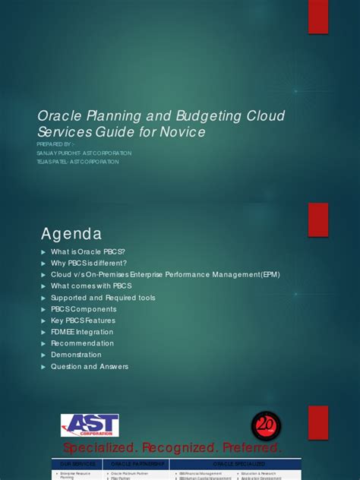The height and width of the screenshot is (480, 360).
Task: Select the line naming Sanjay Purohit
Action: [84, 153]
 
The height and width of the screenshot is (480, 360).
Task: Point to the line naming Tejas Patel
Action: [78, 162]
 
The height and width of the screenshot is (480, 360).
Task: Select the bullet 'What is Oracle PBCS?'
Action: [87, 252]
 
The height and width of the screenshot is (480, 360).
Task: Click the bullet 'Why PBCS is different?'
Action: [89, 264]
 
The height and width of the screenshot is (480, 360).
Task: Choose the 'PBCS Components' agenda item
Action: [84, 309]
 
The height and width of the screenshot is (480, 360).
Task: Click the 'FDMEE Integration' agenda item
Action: [82, 332]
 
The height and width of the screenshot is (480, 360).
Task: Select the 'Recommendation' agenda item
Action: [82, 343]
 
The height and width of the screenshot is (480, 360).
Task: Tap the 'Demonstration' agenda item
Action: [76, 355]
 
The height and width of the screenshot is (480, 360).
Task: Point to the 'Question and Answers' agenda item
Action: [90, 366]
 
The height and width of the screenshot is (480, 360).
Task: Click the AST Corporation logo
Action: [90, 425]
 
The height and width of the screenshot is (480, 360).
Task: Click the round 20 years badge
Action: [266, 424]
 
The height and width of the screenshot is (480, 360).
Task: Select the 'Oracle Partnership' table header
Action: [137, 463]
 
